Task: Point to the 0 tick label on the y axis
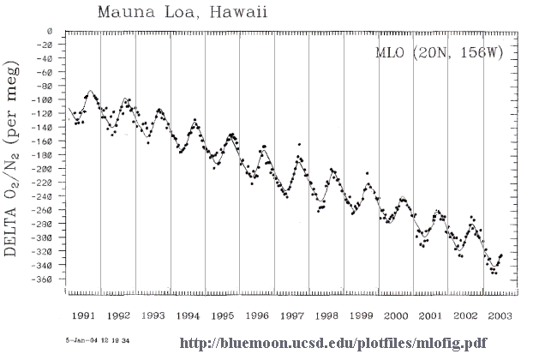51,32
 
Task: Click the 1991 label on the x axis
83,315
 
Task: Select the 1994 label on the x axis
189,315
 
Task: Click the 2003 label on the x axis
500,315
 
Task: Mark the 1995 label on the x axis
223,315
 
